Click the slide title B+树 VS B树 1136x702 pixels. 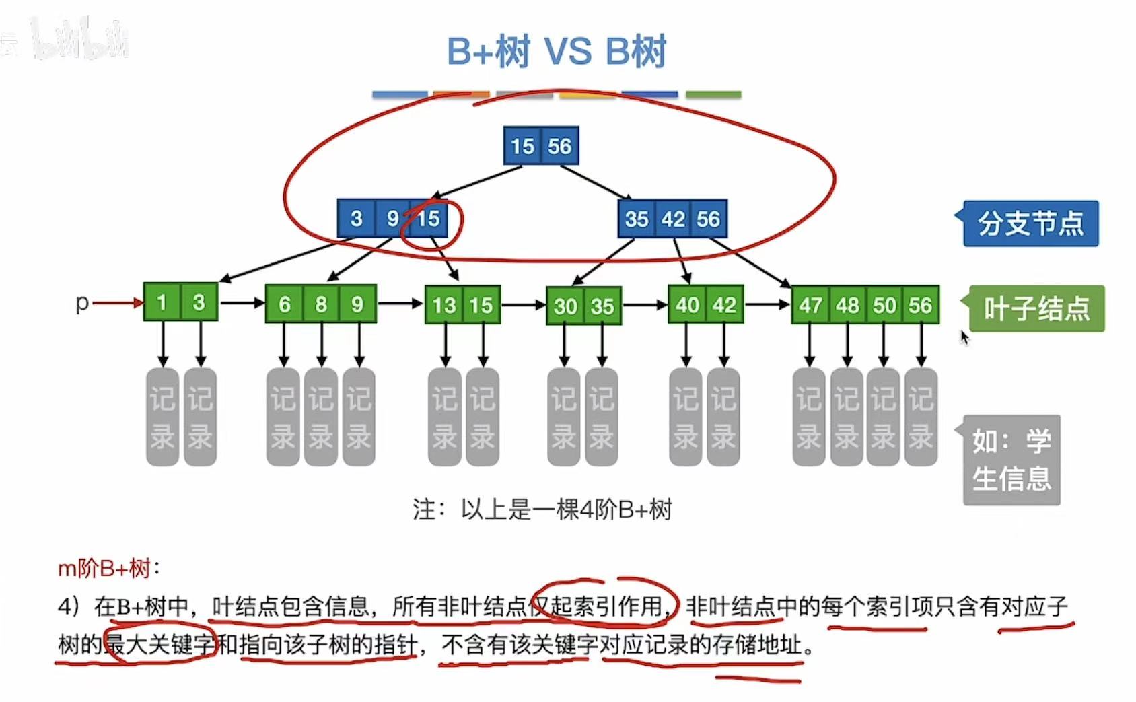[557, 51]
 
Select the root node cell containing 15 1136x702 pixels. [522, 146]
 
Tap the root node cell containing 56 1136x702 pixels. [559, 146]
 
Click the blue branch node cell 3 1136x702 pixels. [356, 219]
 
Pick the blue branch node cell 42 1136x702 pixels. [672, 219]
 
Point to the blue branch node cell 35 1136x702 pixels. [636, 219]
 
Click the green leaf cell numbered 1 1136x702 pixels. [162, 302]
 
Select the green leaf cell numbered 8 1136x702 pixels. [321, 304]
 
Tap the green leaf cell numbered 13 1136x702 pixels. [443, 306]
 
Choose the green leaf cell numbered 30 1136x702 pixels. [565, 306]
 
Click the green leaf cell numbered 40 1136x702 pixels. [687, 305]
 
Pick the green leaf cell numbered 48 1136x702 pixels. [847, 306]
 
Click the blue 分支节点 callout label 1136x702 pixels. [1030, 223]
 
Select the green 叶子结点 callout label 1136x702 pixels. [1036, 308]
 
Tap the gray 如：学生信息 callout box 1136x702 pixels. [1011, 460]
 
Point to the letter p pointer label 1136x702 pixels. [82, 303]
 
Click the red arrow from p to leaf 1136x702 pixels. [118, 303]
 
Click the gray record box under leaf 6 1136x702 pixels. [283, 417]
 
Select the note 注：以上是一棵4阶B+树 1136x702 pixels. [542, 510]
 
